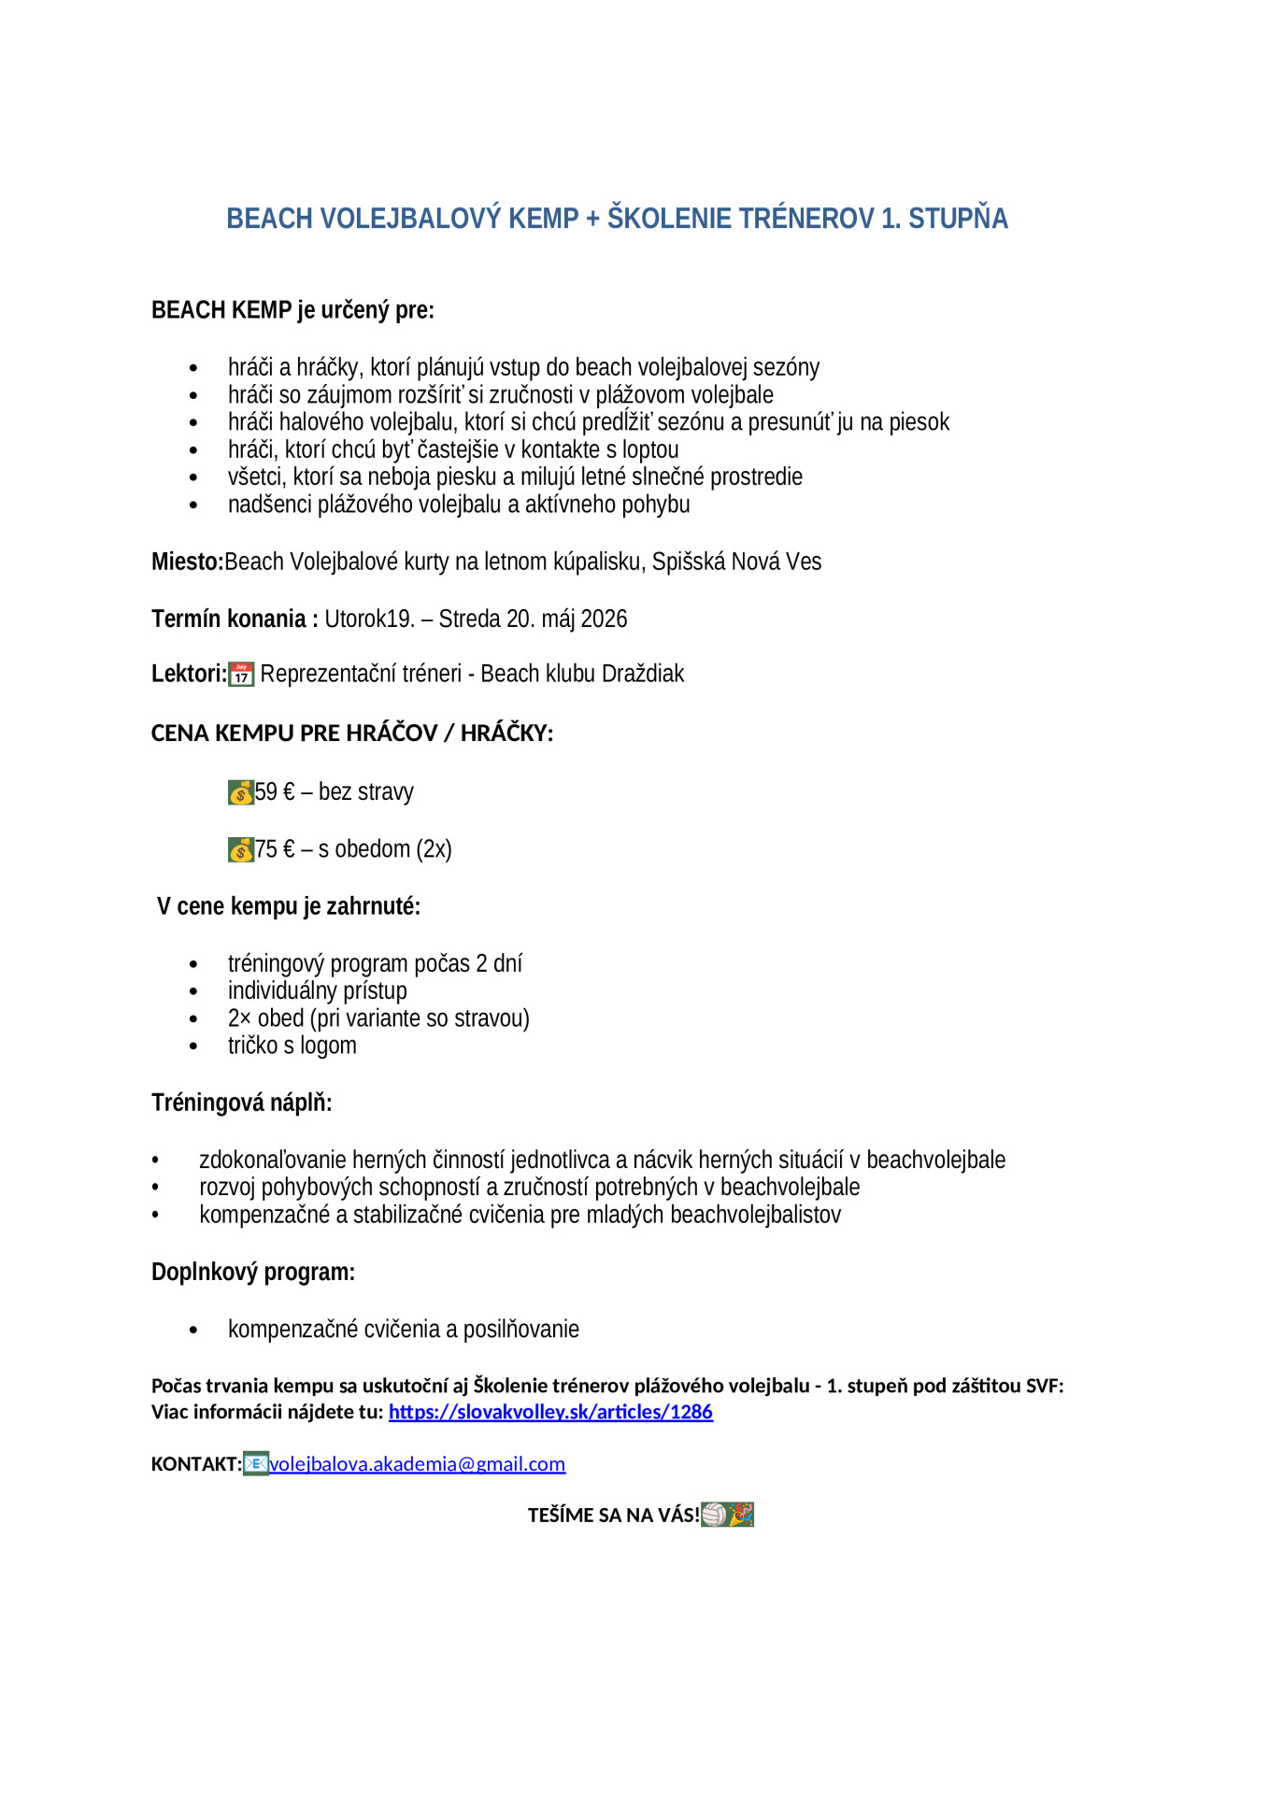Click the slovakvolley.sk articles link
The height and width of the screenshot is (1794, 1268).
coord(550,1412)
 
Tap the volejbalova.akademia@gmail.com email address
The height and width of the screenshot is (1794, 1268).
coord(417,1464)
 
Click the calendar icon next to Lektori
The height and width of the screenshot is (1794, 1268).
coord(241,674)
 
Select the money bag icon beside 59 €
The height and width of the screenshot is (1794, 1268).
coord(241,792)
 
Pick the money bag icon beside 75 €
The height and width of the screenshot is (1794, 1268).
coord(241,849)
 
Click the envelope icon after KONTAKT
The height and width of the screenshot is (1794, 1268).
coord(255,1463)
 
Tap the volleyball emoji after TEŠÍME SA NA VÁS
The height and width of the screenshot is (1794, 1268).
coord(714,1515)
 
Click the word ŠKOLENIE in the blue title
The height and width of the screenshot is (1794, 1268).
coord(669,219)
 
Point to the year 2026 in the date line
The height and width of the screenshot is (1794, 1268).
coord(604,619)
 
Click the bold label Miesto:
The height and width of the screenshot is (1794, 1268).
coord(188,562)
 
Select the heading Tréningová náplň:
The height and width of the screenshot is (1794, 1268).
coord(242,1103)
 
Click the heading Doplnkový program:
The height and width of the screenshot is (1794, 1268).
coord(253,1272)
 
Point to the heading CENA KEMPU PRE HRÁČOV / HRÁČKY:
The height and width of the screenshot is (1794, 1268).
coord(352,733)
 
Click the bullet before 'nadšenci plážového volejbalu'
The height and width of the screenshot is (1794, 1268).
coord(193,505)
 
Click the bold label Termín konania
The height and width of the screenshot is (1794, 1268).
coord(229,619)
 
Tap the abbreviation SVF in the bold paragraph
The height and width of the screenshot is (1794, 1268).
coord(1043,1386)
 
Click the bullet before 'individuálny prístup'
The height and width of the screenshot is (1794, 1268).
coord(193,991)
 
